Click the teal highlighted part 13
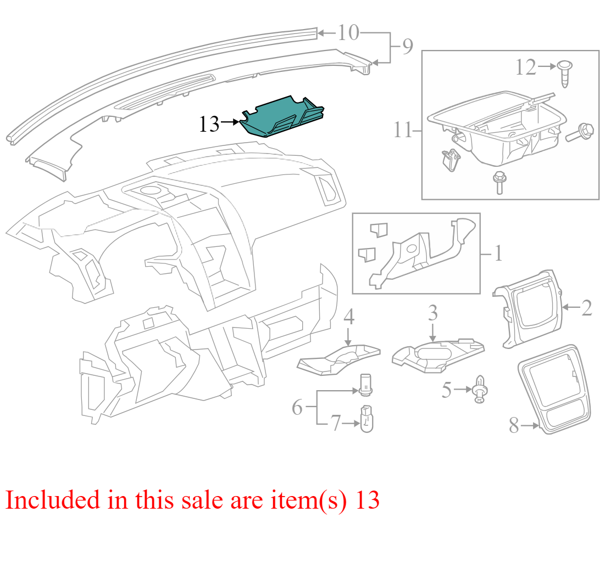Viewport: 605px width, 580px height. (282, 117)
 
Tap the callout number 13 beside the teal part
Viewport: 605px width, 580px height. (209, 124)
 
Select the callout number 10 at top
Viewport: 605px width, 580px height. (348, 32)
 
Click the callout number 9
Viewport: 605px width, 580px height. (408, 47)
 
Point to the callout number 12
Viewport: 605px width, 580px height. (526, 67)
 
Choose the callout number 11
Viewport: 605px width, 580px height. (402, 130)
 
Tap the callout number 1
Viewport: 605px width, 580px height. (498, 253)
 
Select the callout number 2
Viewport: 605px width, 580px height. (586, 308)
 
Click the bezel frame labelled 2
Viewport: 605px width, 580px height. (527, 308)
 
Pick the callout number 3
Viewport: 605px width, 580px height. (432, 313)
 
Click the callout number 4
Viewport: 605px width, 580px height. (349, 317)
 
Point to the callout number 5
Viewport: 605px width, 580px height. (447, 390)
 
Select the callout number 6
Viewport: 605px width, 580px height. (297, 407)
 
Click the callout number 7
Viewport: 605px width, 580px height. (336, 423)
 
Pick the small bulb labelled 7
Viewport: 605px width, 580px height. (367, 419)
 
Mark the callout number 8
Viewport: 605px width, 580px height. (514, 425)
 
